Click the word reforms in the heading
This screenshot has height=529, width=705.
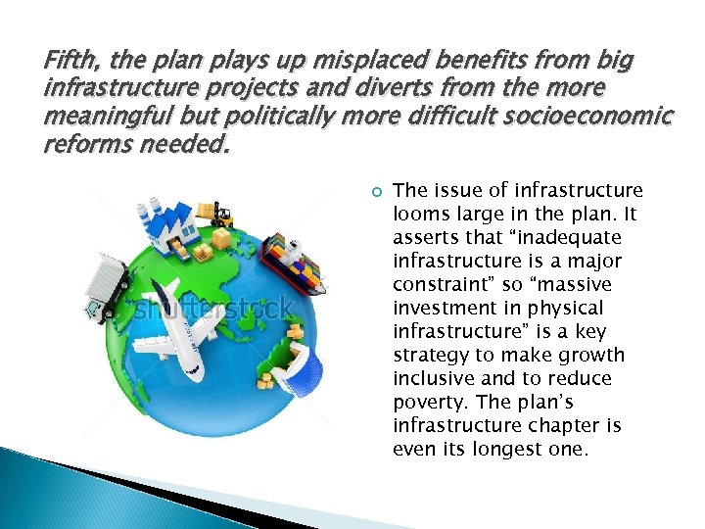[83, 146]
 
